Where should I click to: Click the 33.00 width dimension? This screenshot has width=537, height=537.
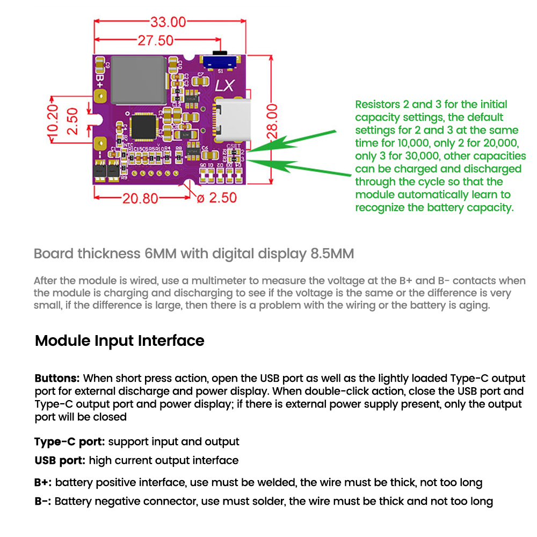[x=168, y=22]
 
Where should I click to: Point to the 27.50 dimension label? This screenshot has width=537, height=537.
[x=156, y=41]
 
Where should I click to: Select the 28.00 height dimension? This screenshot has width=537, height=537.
[x=273, y=122]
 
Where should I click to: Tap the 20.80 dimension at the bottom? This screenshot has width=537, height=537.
[x=140, y=198]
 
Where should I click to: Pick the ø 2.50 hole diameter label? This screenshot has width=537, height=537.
[x=217, y=198]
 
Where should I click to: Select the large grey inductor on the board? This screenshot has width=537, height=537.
[x=137, y=81]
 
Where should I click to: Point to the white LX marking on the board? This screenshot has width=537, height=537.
[x=224, y=86]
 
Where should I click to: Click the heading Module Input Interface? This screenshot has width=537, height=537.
[x=119, y=340]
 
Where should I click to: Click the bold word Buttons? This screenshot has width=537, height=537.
[x=57, y=379]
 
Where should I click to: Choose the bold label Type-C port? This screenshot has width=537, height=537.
[x=70, y=442]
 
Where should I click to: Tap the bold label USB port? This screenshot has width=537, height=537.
[x=60, y=460]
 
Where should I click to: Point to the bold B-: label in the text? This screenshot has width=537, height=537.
[x=43, y=501]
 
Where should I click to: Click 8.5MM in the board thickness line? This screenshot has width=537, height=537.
[x=332, y=253]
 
